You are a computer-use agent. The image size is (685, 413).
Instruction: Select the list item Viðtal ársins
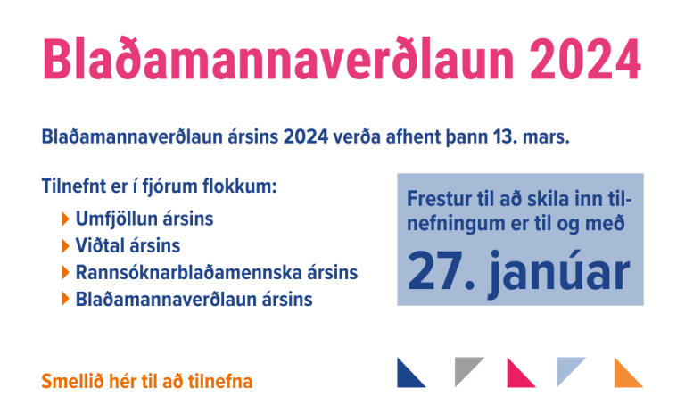pos(128,245)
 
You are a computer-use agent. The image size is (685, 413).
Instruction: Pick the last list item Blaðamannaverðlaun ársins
pos(194,300)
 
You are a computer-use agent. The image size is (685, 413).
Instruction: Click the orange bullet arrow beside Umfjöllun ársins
pos(65,219)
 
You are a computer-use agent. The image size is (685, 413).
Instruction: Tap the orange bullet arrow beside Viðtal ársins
pos(65,245)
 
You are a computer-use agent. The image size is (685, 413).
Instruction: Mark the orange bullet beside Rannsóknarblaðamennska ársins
pos(65,272)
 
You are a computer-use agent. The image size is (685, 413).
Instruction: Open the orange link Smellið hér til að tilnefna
pos(147,382)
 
